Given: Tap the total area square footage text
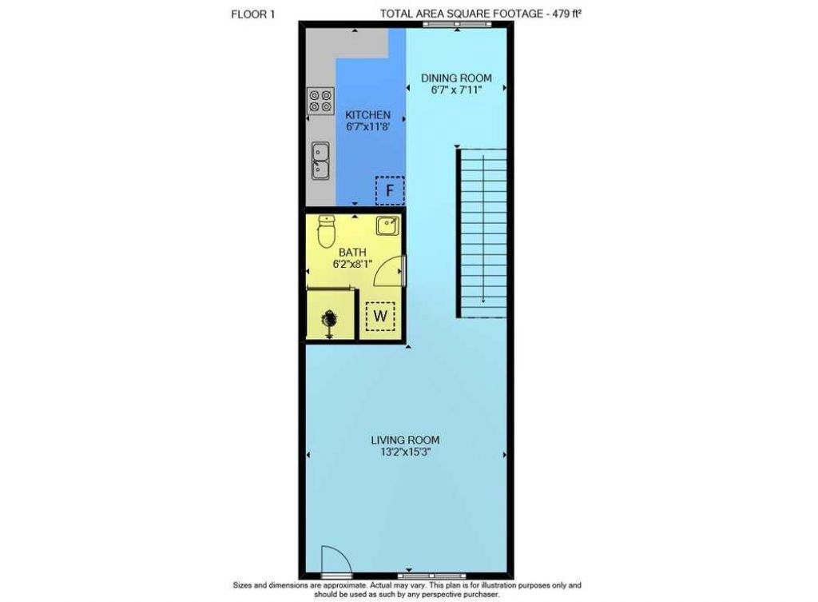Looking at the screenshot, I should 479,13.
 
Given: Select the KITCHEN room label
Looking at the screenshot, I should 367,115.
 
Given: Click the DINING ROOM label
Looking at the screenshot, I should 456,78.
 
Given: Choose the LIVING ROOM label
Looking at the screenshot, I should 405,440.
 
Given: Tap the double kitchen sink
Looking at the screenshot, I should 320,159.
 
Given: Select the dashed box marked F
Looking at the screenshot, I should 390,190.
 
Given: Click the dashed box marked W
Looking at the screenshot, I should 380,316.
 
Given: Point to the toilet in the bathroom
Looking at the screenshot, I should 326,232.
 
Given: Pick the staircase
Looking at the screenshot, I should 482,232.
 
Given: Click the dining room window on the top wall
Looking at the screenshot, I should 447,26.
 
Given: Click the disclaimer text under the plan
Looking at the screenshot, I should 407,590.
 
